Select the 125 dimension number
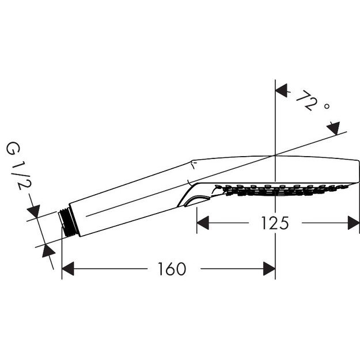[273, 222]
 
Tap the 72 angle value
[305, 101]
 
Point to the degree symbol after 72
[326, 107]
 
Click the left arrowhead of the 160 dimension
[69, 268]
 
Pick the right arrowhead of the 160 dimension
[268, 268]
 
